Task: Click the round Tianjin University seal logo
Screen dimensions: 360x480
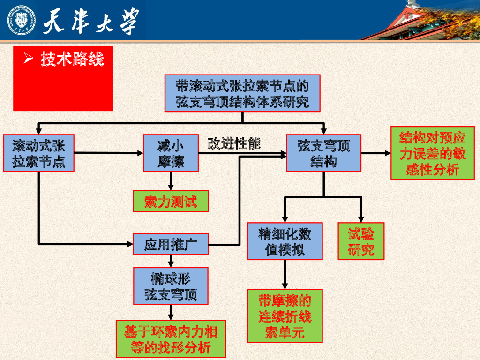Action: pyautogui.click(x=21, y=21)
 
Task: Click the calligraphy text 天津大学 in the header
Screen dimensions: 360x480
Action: pyautogui.click(x=91, y=21)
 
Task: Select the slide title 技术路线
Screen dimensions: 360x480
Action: pyautogui.click(x=71, y=59)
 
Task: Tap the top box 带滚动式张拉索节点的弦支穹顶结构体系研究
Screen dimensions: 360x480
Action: pyautogui.click(x=242, y=93)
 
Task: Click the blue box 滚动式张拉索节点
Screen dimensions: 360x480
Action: pyautogui.click(x=39, y=153)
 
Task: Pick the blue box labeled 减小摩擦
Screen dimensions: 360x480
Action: pyautogui.click(x=171, y=153)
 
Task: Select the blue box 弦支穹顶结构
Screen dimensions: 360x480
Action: pyautogui.click(x=323, y=153)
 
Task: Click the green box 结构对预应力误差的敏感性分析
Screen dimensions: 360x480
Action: pyautogui.click(x=432, y=153)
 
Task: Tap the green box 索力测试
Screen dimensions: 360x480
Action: pyautogui.click(x=170, y=202)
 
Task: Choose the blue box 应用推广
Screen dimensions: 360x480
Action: pyautogui.click(x=171, y=244)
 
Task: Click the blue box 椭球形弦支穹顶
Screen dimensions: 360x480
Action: pyautogui.click(x=171, y=286)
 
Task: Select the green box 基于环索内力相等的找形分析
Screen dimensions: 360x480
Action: pyautogui.click(x=171, y=339)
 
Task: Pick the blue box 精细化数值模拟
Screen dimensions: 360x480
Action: pyautogui.click(x=285, y=241)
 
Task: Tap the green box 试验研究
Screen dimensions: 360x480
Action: pyautogui.click(x=361, y=241)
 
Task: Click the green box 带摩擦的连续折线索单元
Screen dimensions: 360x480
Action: pyautogui.click(x=285, y=315)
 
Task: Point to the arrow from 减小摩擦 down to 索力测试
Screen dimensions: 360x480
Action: pyautogui.click(x=171, y=181)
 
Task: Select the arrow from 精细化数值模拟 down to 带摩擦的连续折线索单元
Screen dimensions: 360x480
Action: pyautogui.click(x=285, y=274)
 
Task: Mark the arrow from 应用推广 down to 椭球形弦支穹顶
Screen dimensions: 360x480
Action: pyautogui.click(x=171, y=261)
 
